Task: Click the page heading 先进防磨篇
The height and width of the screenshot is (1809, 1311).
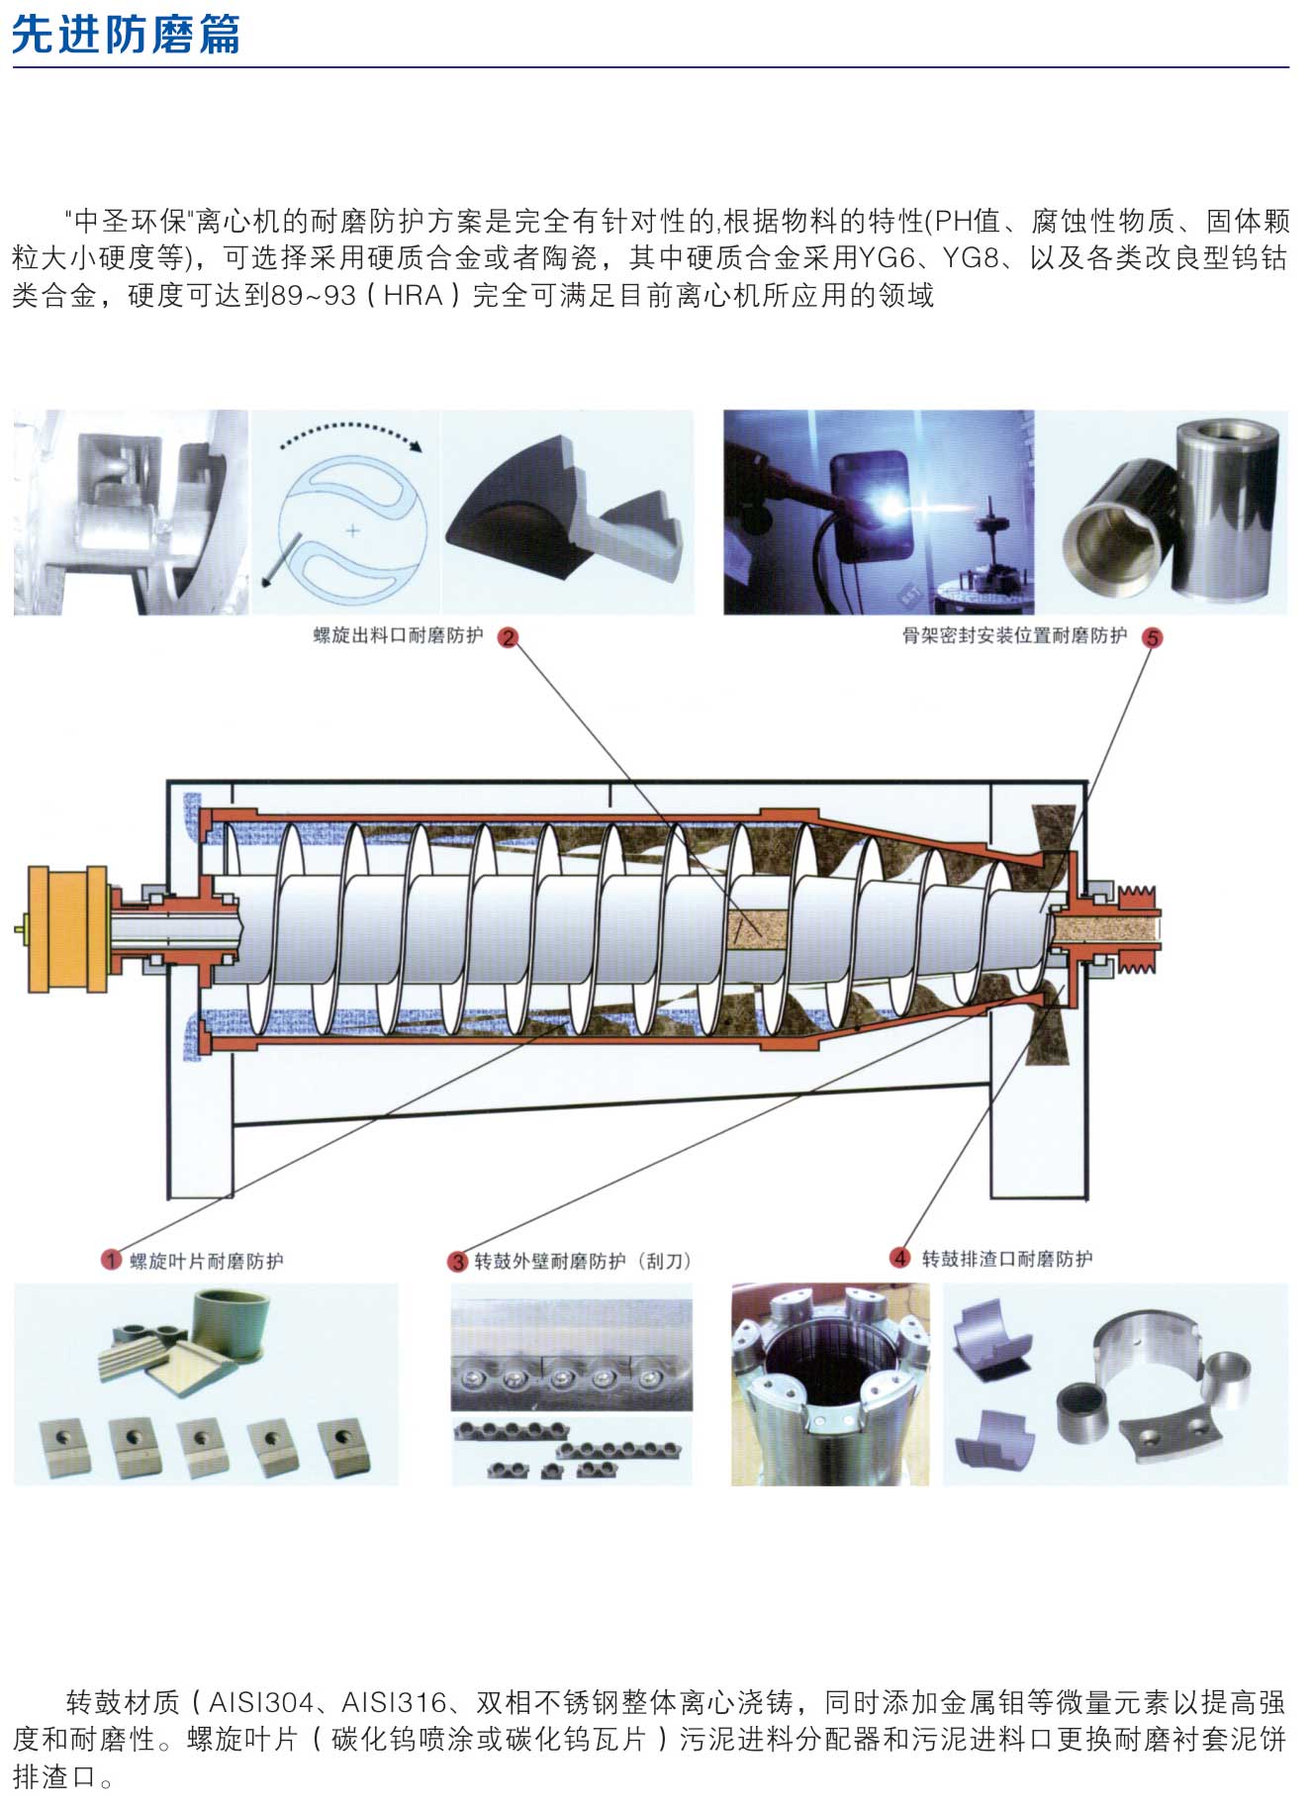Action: coord(126,35)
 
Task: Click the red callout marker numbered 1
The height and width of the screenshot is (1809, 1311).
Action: coord(111,1260)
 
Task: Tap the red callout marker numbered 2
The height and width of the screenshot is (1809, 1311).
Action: coord(508,637)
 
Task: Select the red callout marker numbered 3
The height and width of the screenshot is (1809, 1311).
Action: coord(457,1261)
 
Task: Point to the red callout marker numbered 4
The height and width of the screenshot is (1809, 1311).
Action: coord(899,1258)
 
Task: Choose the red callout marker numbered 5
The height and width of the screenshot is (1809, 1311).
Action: coord(1152,637)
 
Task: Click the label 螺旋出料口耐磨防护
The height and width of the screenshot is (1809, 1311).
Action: coord(398,636)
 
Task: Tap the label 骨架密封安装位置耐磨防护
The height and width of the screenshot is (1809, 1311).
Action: coord(1014,636)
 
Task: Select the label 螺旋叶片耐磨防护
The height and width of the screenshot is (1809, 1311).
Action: coord(207,1261)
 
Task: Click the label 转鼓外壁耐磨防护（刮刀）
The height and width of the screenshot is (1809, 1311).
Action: coord(583,1261)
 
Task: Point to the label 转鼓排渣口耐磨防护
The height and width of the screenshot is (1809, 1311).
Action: coord(1007,1259)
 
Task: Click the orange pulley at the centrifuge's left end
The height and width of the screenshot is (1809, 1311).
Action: coord(67,927)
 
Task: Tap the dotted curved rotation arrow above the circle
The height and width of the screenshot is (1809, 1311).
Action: coord(351,431)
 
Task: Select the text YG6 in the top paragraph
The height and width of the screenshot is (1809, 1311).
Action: coord(888,258)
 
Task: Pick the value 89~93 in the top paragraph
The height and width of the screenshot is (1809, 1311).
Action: coord(314,295)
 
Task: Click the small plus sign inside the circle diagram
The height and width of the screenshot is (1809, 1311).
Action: coord(352,530)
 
